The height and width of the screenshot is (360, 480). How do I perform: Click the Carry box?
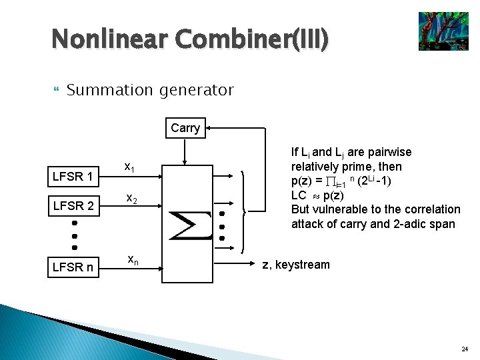click(185, 128)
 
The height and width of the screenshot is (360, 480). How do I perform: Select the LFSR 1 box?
click(76, 177)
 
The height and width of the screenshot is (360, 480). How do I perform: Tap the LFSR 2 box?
click(76, 206)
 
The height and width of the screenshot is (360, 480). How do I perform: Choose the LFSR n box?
click(76, 268)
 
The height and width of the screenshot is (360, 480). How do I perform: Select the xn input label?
click(133, 259)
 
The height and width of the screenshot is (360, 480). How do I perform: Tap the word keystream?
click(303, 265)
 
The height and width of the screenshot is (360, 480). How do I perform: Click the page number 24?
click(465, 349)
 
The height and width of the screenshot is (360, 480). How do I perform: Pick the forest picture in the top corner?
click(443, 31)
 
